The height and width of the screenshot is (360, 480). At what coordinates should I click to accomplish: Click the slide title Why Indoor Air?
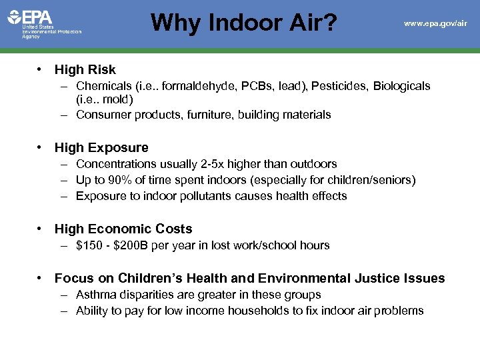244,23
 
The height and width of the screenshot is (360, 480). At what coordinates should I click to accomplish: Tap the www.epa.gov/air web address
435,23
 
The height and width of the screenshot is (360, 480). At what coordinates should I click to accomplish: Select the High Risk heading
85,69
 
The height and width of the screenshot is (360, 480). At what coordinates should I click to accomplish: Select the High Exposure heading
101,147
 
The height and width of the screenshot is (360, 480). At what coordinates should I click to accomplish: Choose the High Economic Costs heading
123,229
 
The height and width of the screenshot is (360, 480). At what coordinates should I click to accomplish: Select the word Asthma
96,295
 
